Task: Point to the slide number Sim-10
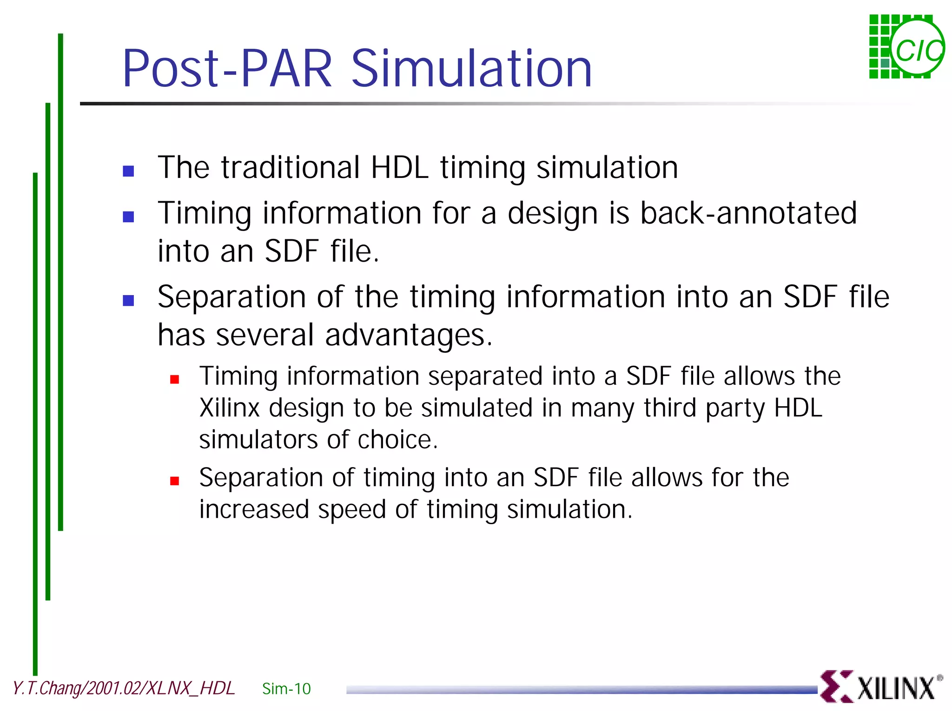point(286,689)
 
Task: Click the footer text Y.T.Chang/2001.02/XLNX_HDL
point(124,688)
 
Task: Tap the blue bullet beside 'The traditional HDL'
point(128,171)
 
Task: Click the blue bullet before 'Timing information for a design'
point(128,217)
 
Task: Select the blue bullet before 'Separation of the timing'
point(128,300)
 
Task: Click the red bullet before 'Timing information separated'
point(175,379)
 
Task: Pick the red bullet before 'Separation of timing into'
point(175,481)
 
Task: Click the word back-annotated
point(748,213)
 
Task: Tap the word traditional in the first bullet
point(291,168)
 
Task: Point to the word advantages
point(408,336)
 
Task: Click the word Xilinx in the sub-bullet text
point(229,408)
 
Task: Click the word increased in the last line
point(254,509)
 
